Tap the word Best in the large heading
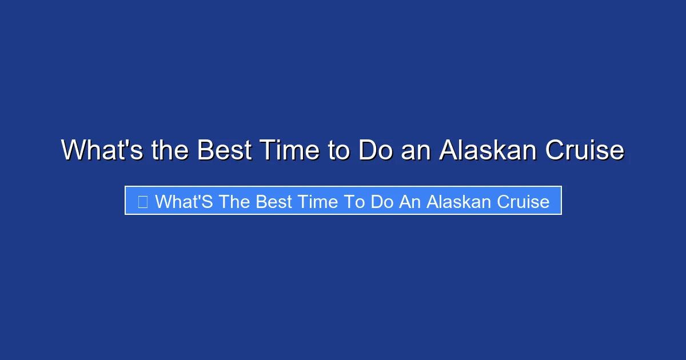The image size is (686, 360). [225, 151]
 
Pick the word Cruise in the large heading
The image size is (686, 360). [584, 151]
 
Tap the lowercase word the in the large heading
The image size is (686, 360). [171, 151]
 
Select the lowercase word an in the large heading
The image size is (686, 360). [416, 151]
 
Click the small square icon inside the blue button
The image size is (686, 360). [143, 202]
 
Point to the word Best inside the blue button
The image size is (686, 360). [273, 202]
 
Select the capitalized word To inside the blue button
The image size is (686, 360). [353, 202]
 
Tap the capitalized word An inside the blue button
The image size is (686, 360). [410, 202]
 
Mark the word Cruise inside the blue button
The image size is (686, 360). [523, 202]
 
